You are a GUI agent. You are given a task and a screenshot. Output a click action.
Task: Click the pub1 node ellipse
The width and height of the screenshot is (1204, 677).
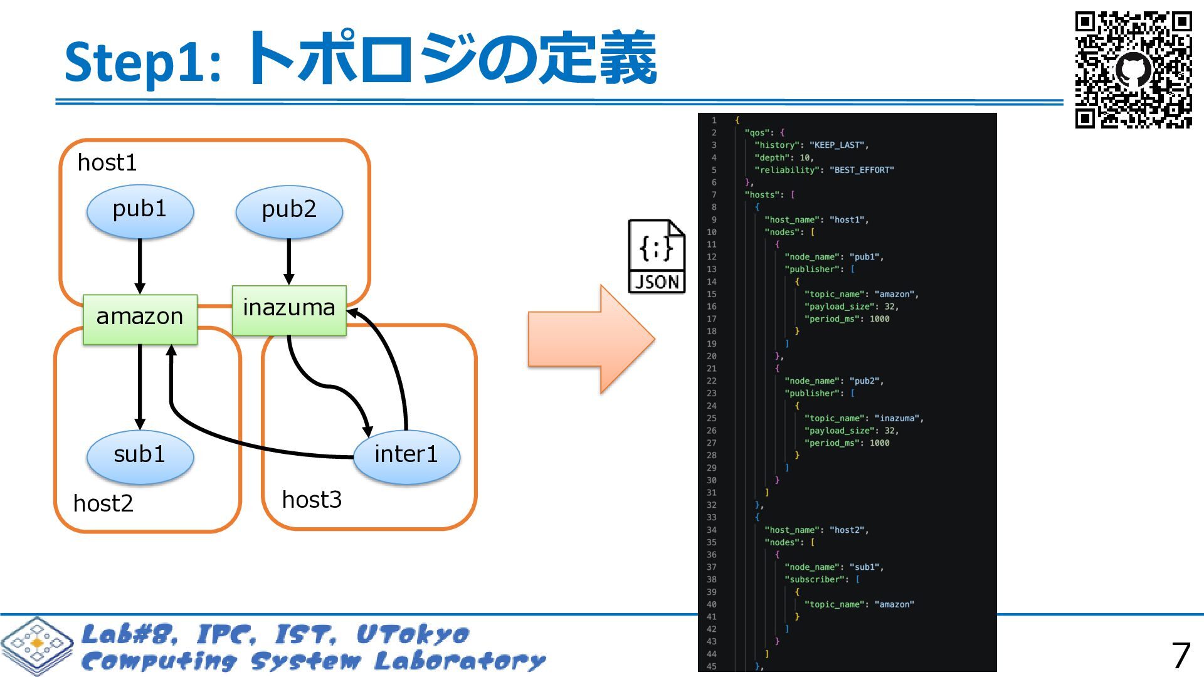click(x=140, y=211)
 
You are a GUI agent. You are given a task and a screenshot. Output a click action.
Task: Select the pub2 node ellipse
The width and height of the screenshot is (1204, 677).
click(x=289, y=211)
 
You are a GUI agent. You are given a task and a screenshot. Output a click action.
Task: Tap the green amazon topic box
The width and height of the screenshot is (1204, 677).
click(x=140, y=319)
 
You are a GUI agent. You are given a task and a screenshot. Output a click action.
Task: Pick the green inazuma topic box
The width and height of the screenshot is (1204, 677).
click(x=289, y=310)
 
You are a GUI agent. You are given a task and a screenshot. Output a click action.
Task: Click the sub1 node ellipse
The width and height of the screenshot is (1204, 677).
click(x=140, y=457)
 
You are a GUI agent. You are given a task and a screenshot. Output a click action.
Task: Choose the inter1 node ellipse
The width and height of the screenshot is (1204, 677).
click(x=407, y=457)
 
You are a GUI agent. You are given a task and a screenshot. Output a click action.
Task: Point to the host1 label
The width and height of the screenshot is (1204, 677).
click(x=107, y=163)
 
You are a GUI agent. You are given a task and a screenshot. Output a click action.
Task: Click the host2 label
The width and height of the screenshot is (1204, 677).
click(x=103, y=503)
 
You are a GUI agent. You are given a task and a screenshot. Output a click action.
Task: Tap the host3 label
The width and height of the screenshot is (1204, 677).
click(x=312, y=500)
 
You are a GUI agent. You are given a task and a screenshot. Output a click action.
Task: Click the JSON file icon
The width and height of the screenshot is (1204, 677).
click(x=657, y=256)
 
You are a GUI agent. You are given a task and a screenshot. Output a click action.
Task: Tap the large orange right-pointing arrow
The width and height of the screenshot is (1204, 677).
click(x=592, y=339)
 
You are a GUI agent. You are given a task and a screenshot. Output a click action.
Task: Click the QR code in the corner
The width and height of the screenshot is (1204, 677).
click(x=1133, y=70)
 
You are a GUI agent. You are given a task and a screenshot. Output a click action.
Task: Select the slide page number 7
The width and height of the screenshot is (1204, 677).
click(x=1181, y=656)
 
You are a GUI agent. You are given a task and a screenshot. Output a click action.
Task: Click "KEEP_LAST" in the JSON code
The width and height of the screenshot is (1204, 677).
click(x=838, y=145)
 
